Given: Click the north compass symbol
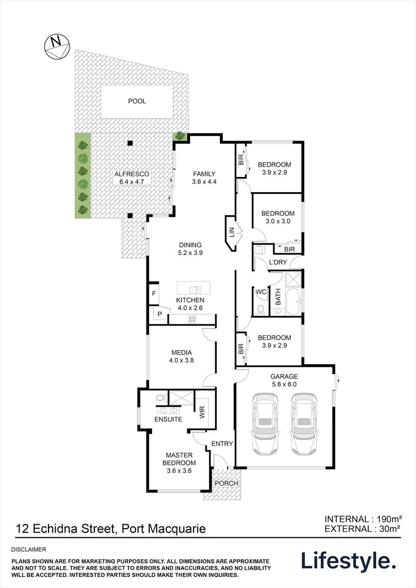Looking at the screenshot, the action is coord(57,47).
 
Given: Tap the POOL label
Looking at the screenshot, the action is coord(137,101).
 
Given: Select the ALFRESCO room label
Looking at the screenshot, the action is coord(132,174).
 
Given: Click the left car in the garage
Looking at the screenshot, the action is coord(266,424).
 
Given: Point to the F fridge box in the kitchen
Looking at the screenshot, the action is coord(154,293).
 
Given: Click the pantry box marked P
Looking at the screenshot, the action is coord(159,314).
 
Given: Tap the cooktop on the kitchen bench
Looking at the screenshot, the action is coord(192,319).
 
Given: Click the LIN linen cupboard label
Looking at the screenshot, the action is coord(231,232).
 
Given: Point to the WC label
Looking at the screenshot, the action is coord(261,292).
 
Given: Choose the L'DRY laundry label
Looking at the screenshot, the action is coord(278,262).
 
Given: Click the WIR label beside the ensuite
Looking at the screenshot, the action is coord(202,413).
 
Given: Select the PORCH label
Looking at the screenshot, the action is coord(226,483).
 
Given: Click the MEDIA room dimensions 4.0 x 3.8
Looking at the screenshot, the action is coord(181,361).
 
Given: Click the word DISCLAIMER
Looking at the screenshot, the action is coord(29,549).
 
